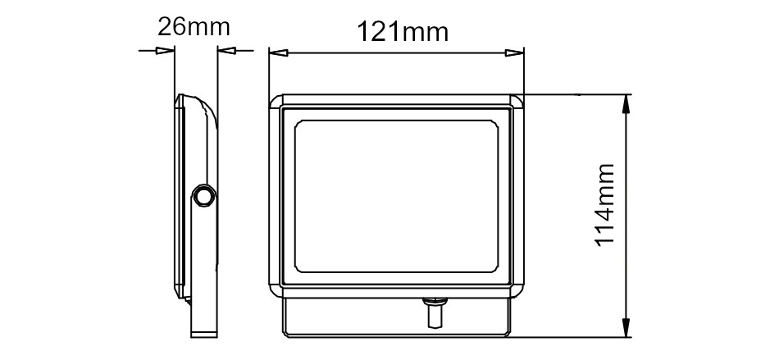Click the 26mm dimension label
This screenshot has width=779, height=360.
tap(194, 27)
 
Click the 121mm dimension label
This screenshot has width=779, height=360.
tap(403, 32)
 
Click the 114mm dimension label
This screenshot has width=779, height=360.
tap(605, 205)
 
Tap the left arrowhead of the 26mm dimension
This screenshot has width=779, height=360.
tap(165, 51)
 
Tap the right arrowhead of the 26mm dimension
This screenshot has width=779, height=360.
tap(226, 51)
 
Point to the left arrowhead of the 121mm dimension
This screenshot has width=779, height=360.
tap(278, 52)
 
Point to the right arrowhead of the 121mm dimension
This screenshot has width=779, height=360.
tap(514, 52)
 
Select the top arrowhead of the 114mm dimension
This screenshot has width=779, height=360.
tap(626, 104)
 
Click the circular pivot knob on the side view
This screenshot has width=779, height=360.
tap(203, 196)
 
